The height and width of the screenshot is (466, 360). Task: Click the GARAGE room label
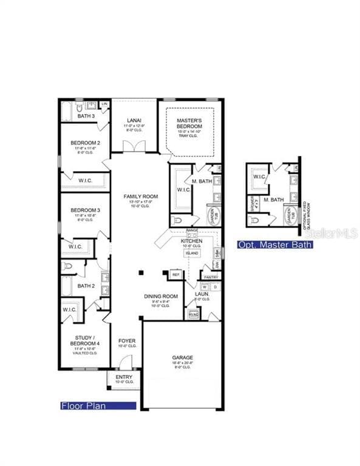pos(182,357)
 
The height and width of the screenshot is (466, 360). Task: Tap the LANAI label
pos(134,120)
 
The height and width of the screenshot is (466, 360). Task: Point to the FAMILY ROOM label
pos(141,196)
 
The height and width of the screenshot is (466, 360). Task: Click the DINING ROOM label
pos(161,296)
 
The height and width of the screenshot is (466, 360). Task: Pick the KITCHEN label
pos(192,241)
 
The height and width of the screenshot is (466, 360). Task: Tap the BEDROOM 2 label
pos(85,143)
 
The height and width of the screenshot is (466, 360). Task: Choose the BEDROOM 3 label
pos(85,210)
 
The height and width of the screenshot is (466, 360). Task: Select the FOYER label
pos(127,341)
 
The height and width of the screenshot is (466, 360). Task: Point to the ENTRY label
pos(123,377)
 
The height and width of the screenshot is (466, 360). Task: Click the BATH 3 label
pos(86,116)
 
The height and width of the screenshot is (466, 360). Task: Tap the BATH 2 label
pos(86,285)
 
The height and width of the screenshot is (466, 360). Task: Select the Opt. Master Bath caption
pos(275,245)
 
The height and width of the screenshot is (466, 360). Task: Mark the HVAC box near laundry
pos(194,314)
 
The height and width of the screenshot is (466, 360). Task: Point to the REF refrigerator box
pos(177,275)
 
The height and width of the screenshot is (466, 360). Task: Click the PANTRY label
pos(211,277)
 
